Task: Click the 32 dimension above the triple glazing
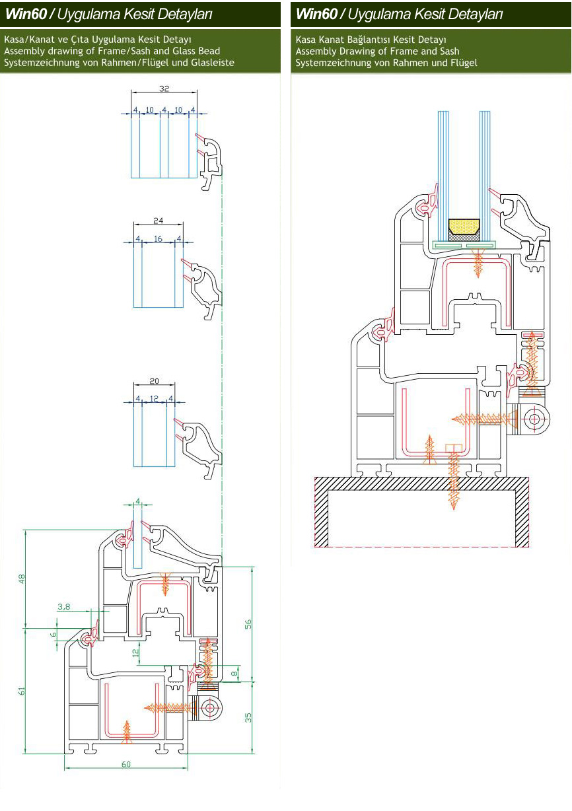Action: pos(164,88)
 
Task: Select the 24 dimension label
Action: pos(159,220)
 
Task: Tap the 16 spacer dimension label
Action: pos(159,238)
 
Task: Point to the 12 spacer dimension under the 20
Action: pos(154,398)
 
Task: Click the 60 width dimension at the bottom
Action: pos(126,764)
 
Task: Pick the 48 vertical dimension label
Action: pos(22,579)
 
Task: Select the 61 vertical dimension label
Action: pos(22,691)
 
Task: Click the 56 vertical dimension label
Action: pos(248,624)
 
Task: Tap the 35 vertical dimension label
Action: pos(248,718)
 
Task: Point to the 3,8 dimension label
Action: pos(63,606)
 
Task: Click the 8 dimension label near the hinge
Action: pos(234,674)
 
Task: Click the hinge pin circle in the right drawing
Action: pos(534,419)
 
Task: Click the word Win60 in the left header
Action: pos(26,14)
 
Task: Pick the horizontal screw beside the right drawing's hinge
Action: pos(485,419)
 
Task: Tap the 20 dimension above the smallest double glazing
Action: pos(154,381)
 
